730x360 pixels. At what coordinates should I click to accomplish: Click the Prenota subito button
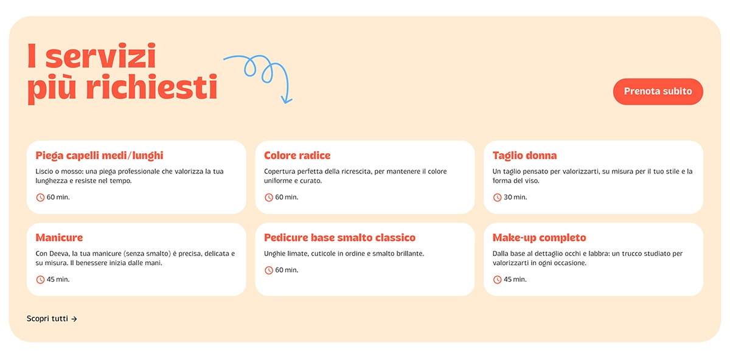(658, 91)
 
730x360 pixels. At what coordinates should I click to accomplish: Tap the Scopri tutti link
(47, 319)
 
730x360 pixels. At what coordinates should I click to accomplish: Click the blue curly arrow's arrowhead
(286, 99)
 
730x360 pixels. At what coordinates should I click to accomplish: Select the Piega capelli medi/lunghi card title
(99, 156)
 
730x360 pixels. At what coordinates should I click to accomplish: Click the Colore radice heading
(297, 156)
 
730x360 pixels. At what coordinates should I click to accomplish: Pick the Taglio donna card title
(524, 156)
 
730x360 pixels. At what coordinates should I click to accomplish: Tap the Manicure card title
(59, 238)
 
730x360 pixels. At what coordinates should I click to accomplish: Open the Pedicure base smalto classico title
(339, 238)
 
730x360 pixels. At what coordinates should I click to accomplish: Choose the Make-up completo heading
(539, 238)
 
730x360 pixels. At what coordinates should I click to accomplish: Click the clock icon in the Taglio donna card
(497, 198)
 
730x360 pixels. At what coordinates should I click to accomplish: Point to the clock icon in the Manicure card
(40, 280)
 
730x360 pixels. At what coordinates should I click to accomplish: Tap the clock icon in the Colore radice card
(269, 198)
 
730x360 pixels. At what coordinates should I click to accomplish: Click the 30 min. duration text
(515, 198)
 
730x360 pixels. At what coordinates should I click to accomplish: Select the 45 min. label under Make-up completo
(515, 280)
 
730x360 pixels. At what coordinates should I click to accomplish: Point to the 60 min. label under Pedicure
(287, 270)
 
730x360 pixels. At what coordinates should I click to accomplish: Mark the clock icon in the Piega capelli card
(40, 198)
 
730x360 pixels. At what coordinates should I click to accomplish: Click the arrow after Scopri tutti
(74, 319)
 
